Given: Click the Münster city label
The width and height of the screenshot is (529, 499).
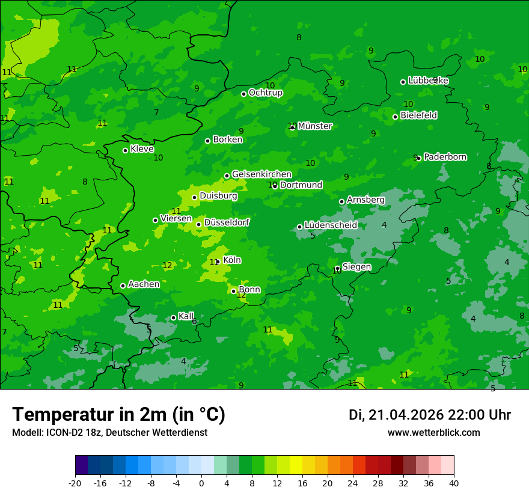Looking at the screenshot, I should pyautogui.click(x=314, y=126).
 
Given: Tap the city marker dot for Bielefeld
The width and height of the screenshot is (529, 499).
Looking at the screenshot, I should pyautogui.click(x=395, y=117).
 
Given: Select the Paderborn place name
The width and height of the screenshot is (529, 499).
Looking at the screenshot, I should pyautogui.click(x=445, y=157).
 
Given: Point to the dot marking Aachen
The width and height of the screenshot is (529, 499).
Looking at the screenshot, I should pyautogui.click(x=123, y=286).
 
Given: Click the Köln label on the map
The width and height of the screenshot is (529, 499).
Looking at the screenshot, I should pyautogui.click(x=232, y=260).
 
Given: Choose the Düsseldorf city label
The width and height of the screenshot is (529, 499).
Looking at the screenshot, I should pyautogui.click(x=227, y=222).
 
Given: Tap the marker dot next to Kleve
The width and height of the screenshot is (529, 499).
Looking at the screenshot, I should pyautogui.click(x=125, y=150).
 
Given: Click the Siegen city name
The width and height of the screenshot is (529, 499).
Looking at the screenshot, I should pyautogui.click(x=356, y=267).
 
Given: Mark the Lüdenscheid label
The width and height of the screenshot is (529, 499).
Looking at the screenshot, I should pyautogui.click(x=331, y=225).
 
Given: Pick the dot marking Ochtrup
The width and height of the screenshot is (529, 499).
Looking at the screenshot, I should pyautogui.click(x=243, y=94).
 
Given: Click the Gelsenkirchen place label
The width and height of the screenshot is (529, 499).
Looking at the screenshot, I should pyautogui.click(x=261, y=174).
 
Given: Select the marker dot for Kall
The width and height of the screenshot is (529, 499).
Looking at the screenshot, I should pyautogui.click(x=173, y=317).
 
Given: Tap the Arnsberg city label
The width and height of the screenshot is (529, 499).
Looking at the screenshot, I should pyautogui.click(x=365, y=200).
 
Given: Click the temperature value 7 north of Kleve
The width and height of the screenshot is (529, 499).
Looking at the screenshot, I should pyautogui.click(x=156, y=112).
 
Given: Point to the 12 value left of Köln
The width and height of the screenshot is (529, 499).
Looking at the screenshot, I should pyautogui.click(x=167, y=265).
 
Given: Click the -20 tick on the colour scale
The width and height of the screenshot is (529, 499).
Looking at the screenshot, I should pyautogui.click(x=75, y=483).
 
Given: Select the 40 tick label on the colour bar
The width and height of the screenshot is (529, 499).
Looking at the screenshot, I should pyautogui.click(x=454, y=483).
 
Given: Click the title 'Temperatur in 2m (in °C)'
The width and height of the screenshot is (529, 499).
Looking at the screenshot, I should pyautogui.click(x=119, y=414).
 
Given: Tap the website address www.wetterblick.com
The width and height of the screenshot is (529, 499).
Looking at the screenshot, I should pyautogui.click(x=433, y=433).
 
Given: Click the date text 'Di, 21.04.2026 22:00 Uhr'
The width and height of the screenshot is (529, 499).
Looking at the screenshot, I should pyautogui.click(x=430, y=415).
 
